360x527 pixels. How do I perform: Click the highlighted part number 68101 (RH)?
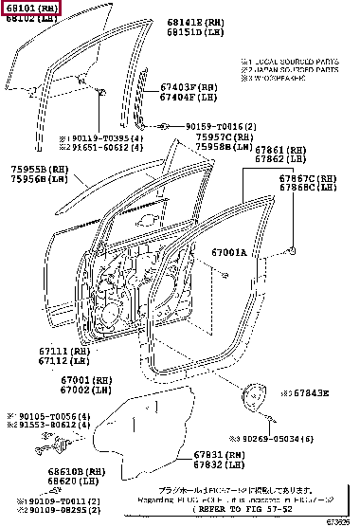[x=30, y=8]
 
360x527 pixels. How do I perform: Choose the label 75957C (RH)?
[x=225, y=136]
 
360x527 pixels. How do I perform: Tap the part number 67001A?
[x=228, y=253]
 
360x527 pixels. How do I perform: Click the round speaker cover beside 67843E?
[x=254, y=393]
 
